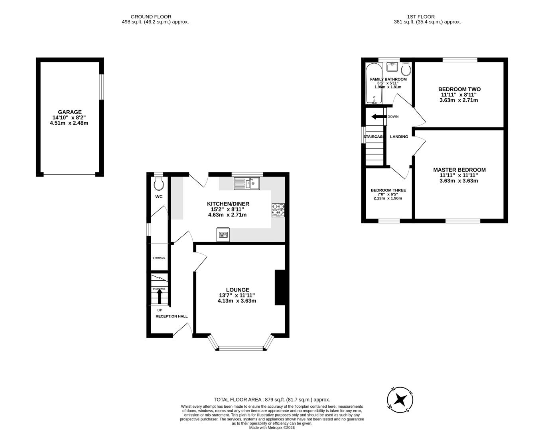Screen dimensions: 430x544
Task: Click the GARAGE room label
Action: click(x=69, y=112)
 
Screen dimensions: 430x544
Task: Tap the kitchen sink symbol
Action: click(x=246, y=183)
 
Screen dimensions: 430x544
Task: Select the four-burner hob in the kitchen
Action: click(x=278, y=210)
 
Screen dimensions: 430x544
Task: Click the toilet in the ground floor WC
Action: click(x=159, y=184)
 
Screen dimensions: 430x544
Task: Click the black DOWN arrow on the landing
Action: click(x=378, y=117)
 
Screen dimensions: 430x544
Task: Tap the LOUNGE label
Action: click(x=237, y=290)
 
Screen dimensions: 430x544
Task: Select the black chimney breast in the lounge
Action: click(x=280, y=287)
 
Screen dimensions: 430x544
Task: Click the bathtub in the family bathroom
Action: click(x=374, y=83)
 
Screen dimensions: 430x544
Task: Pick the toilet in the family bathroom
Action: click(x=406, y=69)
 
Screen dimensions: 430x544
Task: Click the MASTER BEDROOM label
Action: click(x=459, y=170)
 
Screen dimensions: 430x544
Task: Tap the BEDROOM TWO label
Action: click(x=459, y=89)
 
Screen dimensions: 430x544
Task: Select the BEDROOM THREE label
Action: click(x=388, y=190)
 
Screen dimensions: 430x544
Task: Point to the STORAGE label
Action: click(x=159, y=258)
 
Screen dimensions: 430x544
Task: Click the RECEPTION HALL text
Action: click(x=171, y=317)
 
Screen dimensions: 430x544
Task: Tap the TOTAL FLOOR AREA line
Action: click(x=272, y=400)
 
